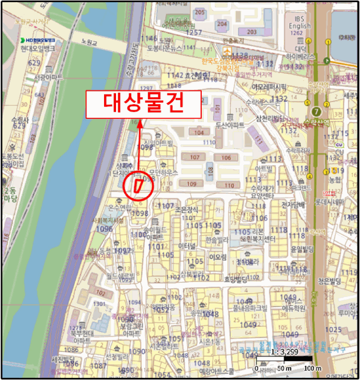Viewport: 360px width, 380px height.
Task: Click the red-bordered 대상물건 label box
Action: point(143,104)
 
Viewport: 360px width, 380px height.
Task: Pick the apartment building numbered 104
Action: point(199,132)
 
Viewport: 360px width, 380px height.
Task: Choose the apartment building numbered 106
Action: point(226,158)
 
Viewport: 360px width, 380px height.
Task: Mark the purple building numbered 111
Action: point(259,140)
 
